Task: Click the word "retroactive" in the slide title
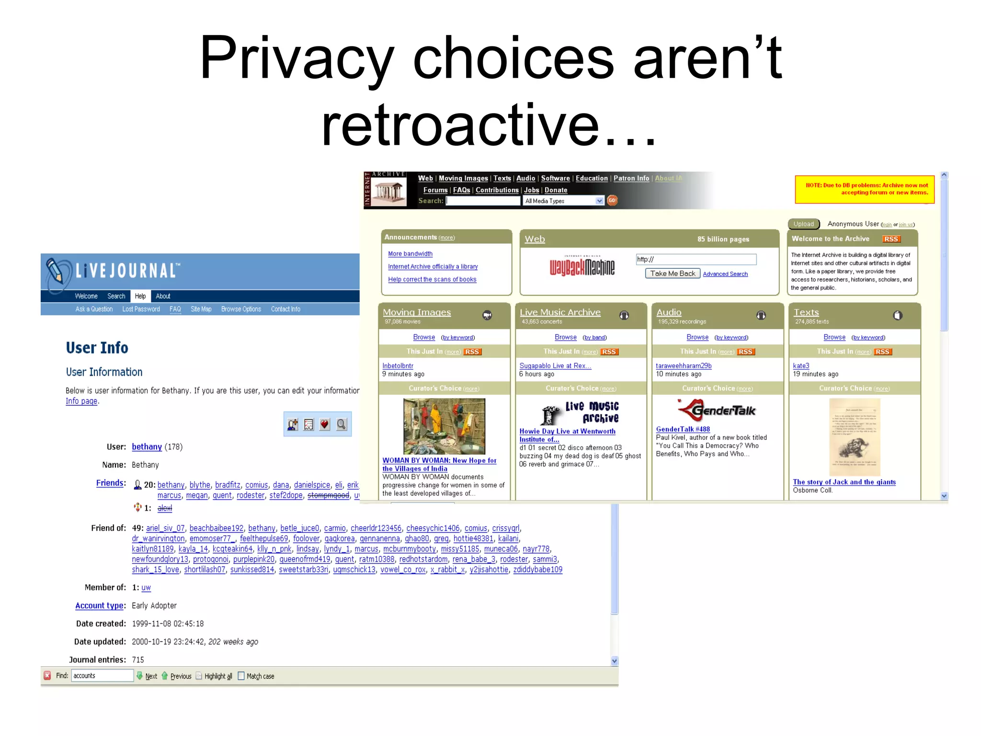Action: click(x=460, y=126)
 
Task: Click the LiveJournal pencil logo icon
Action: click(x=57, y=272)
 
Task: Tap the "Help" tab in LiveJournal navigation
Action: click(x=140, y=296)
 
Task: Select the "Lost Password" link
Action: click(x=141, y=309)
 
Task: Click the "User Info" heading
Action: click(x=97, y=347)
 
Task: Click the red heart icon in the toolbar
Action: click(x=325, y=425)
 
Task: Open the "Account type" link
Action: click(x=99, y=606)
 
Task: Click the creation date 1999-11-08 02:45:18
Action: click(x=168, y=624)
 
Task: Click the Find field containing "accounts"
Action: click(x=102, y=676)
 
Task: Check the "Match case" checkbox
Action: click(x=241, y=676)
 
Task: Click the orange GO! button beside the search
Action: click(x=612, y=201)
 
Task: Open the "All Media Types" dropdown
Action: click(x=563, y=201)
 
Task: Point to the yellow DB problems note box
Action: click(x=864, y=189)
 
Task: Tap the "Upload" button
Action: click(x=803, y=224)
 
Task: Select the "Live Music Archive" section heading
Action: click(x=560, y=312)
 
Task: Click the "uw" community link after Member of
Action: click(x=146, y=588)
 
